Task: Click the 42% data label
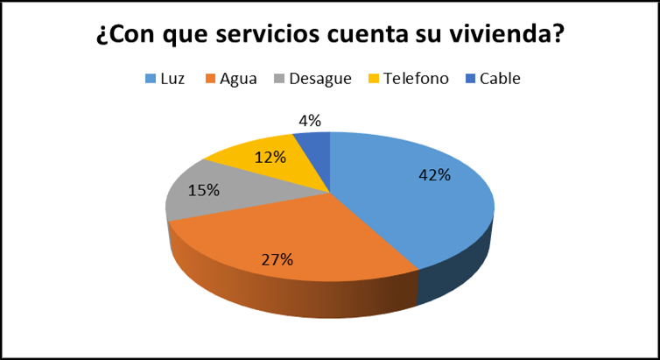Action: point(434,175)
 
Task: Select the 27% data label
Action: point(277,259)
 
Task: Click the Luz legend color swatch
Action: point(151,79)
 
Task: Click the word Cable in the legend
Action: point(500,79)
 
